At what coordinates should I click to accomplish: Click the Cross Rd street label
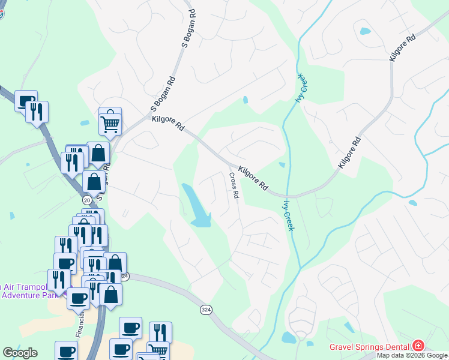[234, 186]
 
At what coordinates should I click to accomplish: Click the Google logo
[20, 353]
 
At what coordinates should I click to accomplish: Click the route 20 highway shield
[87, 200]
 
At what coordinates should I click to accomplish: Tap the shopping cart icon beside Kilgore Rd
[110, 124]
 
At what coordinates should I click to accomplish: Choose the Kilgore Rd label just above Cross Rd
[253, 178]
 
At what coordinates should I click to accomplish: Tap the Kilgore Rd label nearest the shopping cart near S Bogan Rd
[168, 124]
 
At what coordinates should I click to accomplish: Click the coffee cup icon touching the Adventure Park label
[78, 298]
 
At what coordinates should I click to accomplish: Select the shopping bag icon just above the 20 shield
[94, 180]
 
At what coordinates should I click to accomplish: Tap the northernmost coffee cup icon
[26, 101]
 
